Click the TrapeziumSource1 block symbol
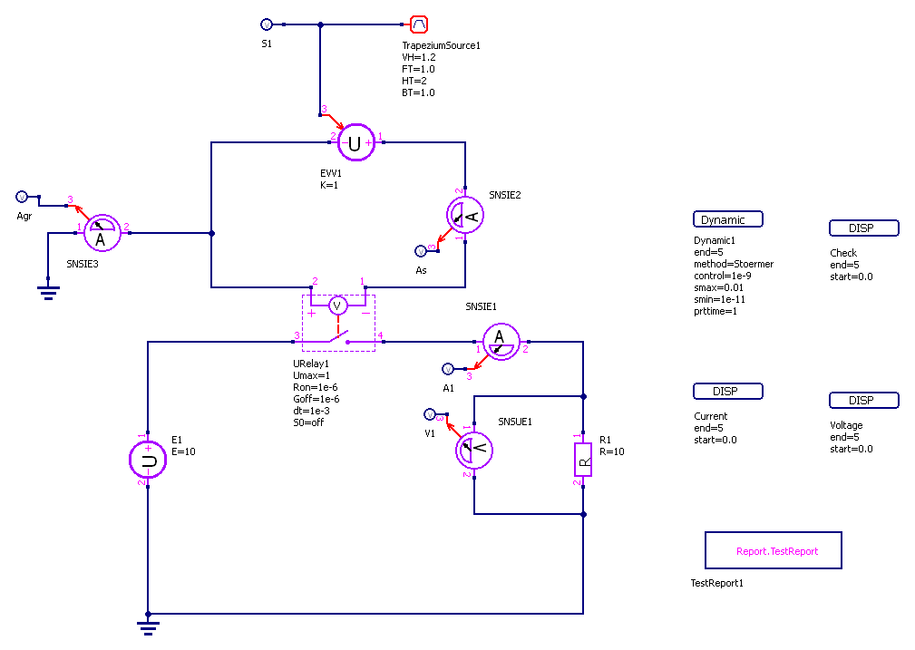418,24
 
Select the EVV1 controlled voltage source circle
355,143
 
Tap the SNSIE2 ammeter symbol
465,215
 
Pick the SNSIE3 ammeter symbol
102,234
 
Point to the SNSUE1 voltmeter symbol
472,450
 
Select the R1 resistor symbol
582,460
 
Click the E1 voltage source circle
148,460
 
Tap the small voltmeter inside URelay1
337,306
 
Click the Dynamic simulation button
727,219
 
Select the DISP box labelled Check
863,228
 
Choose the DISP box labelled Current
727,392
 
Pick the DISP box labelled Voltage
863,401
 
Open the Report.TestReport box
774,550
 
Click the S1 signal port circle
267,24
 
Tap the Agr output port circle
23,197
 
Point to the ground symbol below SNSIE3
47,290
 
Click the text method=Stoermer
733,264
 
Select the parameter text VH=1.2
419,57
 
